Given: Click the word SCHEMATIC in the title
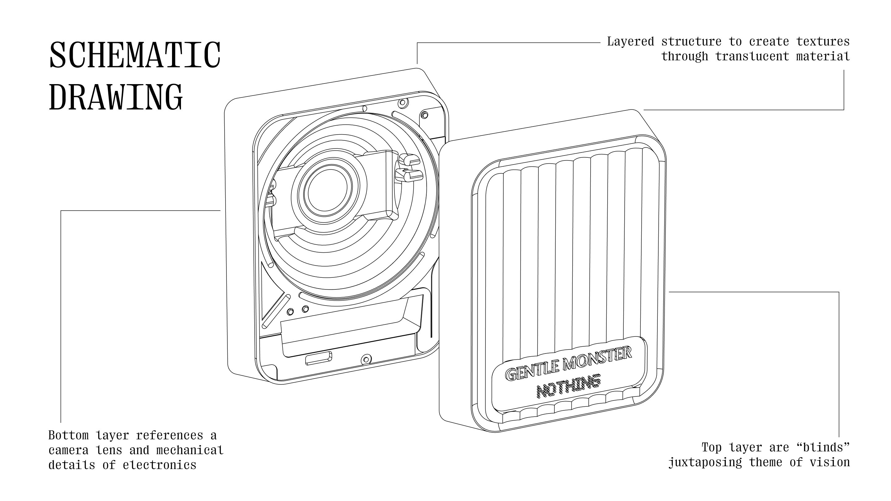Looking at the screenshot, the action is point(135,55).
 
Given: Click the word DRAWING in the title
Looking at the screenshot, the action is point(116,97).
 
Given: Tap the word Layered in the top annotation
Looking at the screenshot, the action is point(631,42).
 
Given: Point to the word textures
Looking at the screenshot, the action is point(823,42).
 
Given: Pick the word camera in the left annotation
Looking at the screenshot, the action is point(68,450).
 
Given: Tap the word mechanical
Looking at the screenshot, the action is point(190,450).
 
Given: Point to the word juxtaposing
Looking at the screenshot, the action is point(705,462).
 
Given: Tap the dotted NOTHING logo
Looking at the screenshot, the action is point(568,387).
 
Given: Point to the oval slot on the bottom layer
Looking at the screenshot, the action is point(319,358).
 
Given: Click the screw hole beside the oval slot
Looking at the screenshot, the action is point(366,360).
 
